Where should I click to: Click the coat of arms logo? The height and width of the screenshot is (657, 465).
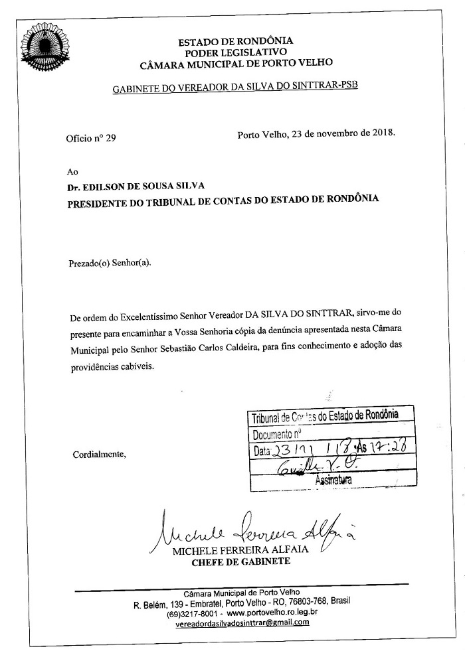point(46,44)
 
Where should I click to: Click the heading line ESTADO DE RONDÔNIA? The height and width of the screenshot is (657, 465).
point(236,40)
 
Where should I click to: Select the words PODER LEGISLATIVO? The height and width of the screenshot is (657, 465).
point(236,52)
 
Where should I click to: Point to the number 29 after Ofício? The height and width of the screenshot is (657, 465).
point(110,139)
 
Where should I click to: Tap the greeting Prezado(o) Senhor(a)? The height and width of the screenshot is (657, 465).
point(110,263)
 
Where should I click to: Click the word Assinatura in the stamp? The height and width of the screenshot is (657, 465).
point(334,478)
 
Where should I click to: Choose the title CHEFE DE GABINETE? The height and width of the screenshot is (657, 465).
point(240,563)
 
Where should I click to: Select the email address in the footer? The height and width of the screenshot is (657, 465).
point(237,623)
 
